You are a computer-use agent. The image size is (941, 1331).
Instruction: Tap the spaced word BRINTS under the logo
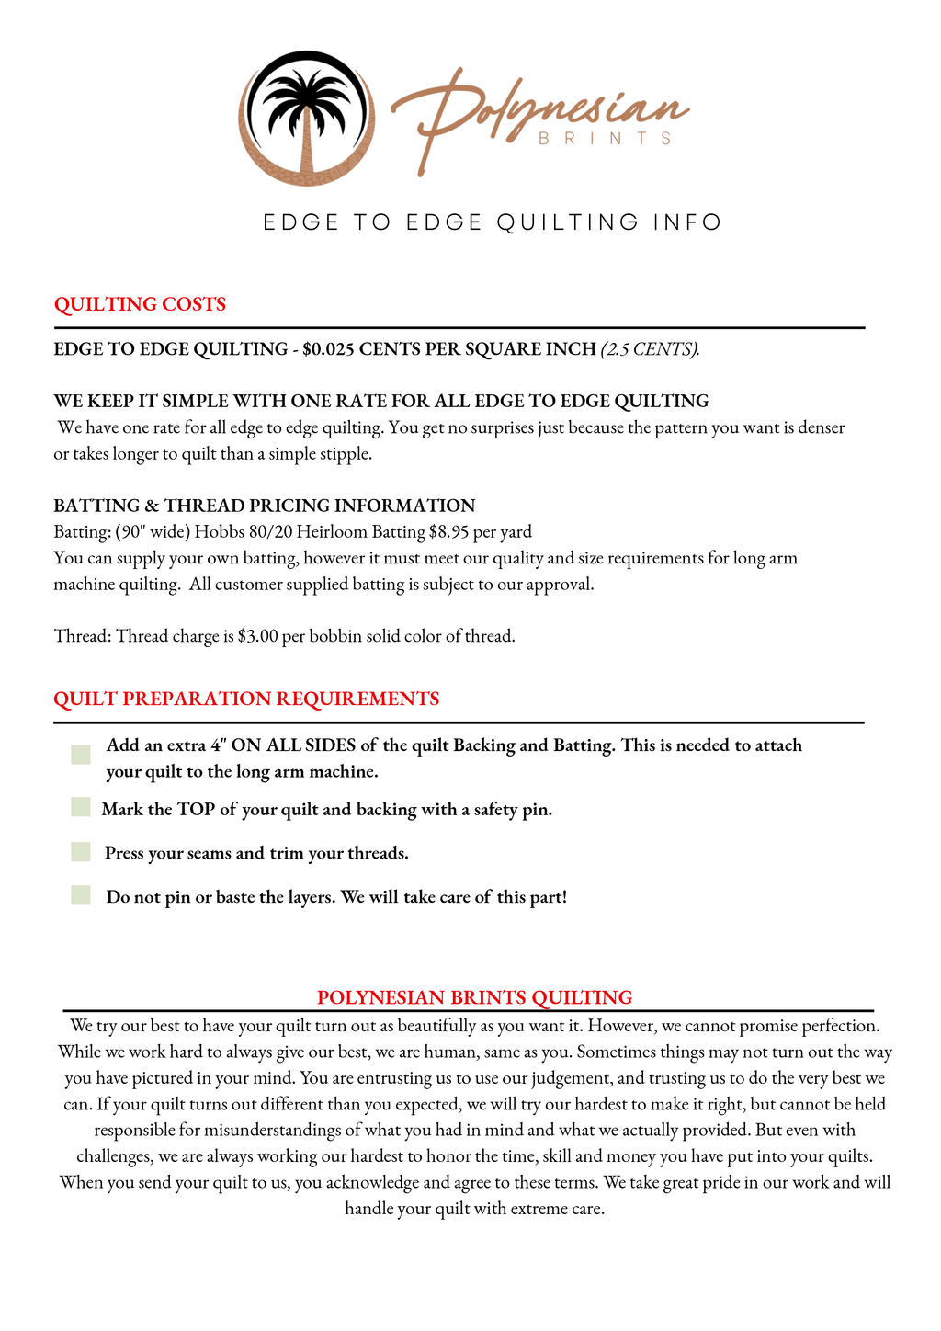[605, 139]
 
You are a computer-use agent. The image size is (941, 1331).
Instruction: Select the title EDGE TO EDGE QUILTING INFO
[493, 222]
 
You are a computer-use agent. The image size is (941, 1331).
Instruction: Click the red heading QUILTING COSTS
[140, 304]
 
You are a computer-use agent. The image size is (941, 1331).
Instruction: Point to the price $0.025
[328, 349]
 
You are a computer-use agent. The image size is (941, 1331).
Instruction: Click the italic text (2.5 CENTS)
[650, 349]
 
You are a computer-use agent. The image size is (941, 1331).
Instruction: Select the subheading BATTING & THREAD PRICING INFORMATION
[265, 506]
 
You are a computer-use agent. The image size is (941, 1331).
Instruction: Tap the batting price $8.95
[448, 532]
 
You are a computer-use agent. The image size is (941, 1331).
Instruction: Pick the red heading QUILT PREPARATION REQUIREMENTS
[246, 699]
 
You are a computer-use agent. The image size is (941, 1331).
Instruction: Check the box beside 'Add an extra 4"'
[81, 755]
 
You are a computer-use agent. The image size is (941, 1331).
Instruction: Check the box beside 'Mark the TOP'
[81, 807]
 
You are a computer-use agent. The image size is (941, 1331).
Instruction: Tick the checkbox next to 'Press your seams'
[81, 852]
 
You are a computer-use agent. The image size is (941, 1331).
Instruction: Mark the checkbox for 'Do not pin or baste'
[81, 894]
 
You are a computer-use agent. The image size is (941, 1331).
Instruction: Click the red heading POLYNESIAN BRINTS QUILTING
[474, 997]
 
